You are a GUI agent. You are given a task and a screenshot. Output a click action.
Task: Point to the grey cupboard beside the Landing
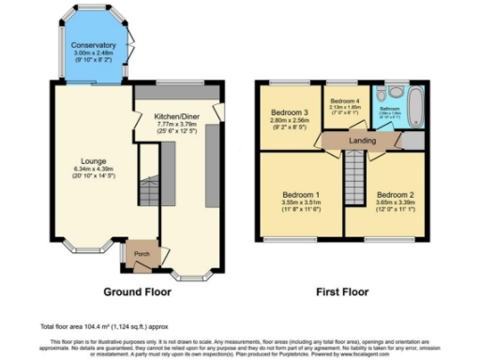point(409,140)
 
